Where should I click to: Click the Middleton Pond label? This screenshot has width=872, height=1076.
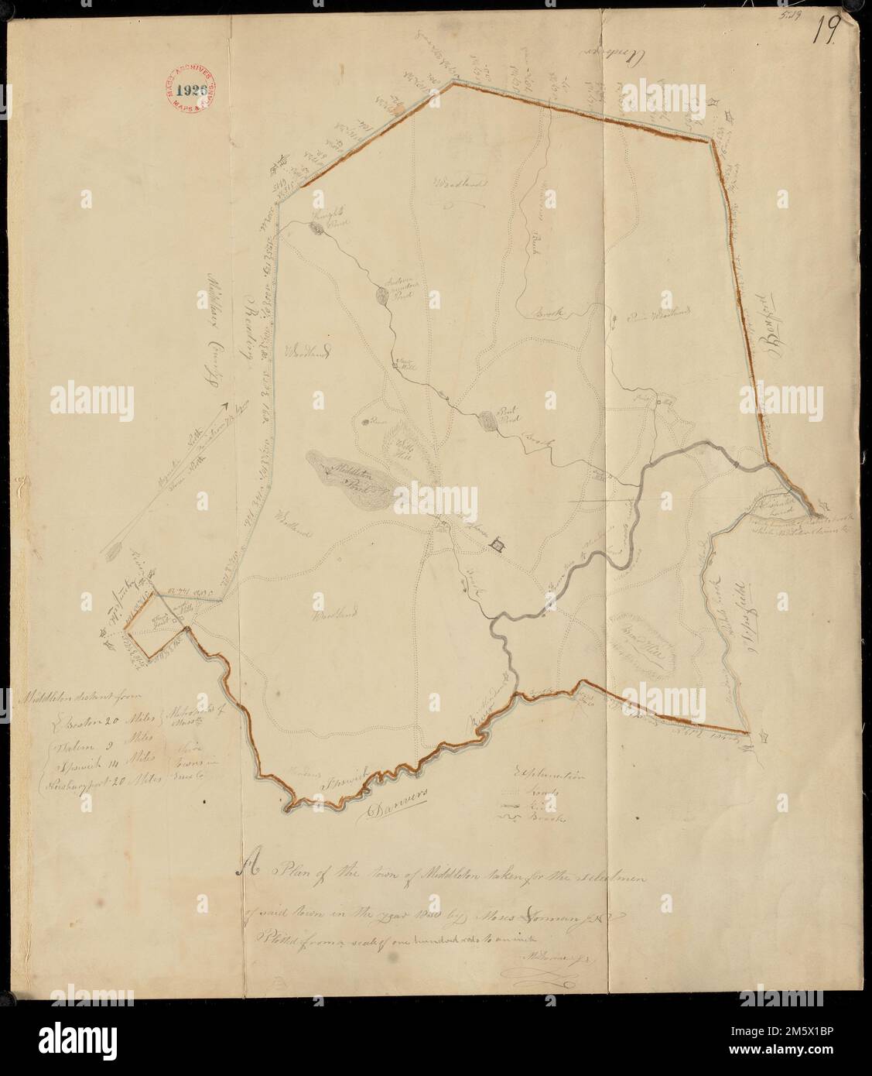347,474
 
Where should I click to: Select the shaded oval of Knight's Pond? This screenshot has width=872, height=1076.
316,228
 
